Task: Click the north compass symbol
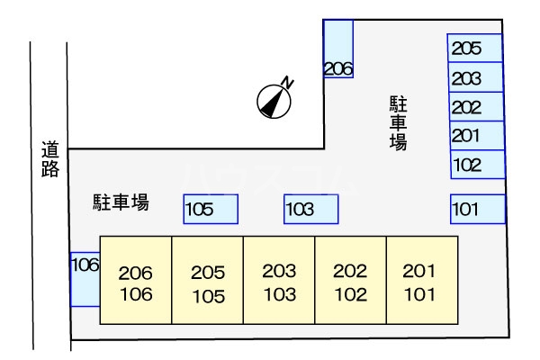coord(274,101)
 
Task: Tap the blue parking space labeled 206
coord(338,49)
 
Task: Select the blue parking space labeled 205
coord(475,49)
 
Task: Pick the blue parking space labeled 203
coord(475,78)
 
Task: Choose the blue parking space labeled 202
coord(475,107)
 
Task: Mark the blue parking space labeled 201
coord(475,136)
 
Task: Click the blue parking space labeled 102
coord(477,165)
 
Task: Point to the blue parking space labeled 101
coord(477,210)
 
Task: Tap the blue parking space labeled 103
coord(311,210)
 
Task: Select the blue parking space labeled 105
coord(211,210)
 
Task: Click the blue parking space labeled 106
coord(84,279)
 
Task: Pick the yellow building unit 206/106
coord(135,280)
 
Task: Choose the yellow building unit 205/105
coord(207,280)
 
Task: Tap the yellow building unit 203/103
coord(279,280)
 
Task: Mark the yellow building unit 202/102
coord(350,280)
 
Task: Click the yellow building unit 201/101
coord(421,280)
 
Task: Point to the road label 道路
coord(49,159)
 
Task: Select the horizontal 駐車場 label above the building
coord(121,202)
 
